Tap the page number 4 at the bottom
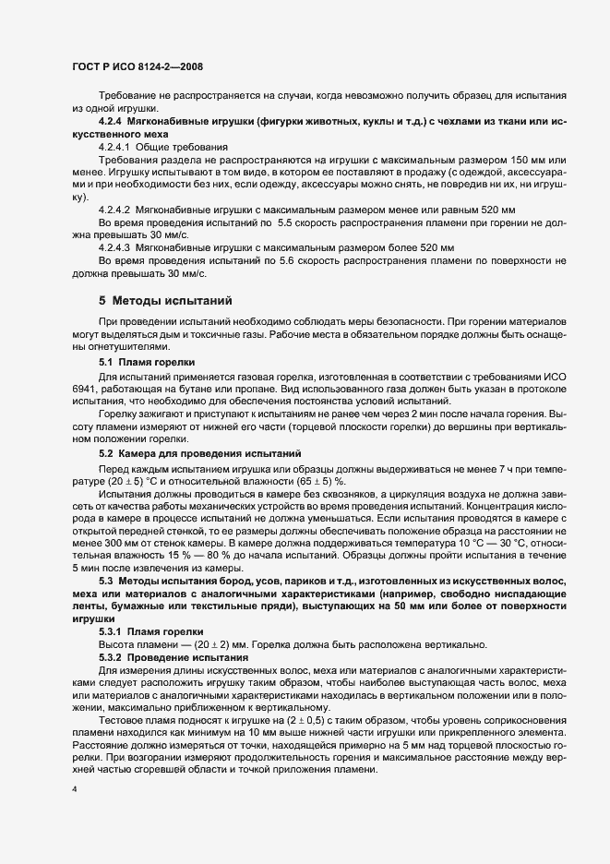[x=73, y=790]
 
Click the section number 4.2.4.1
[x=117, y=147]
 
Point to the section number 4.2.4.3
[x=117, y=248]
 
